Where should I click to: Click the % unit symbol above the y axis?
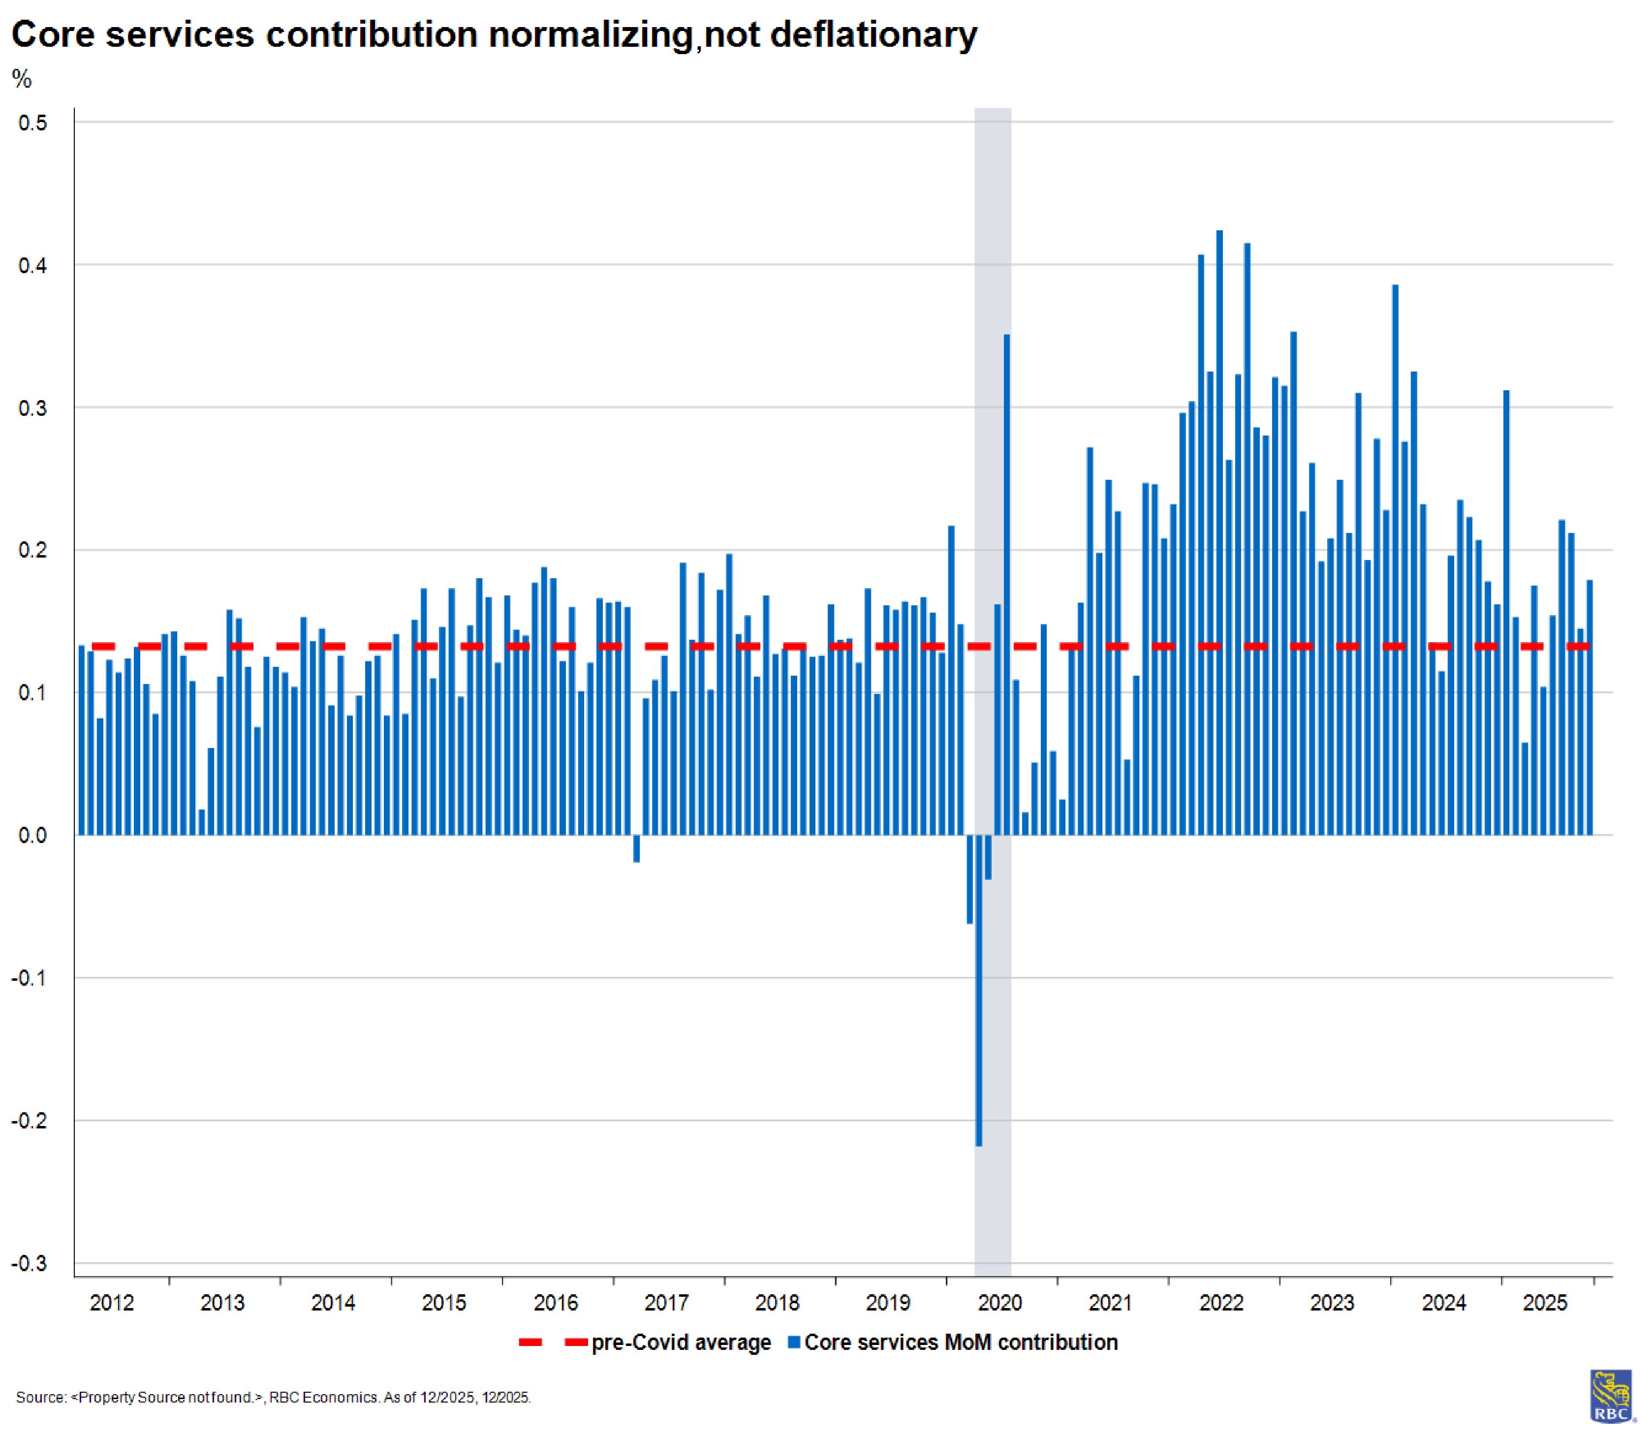22,79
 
